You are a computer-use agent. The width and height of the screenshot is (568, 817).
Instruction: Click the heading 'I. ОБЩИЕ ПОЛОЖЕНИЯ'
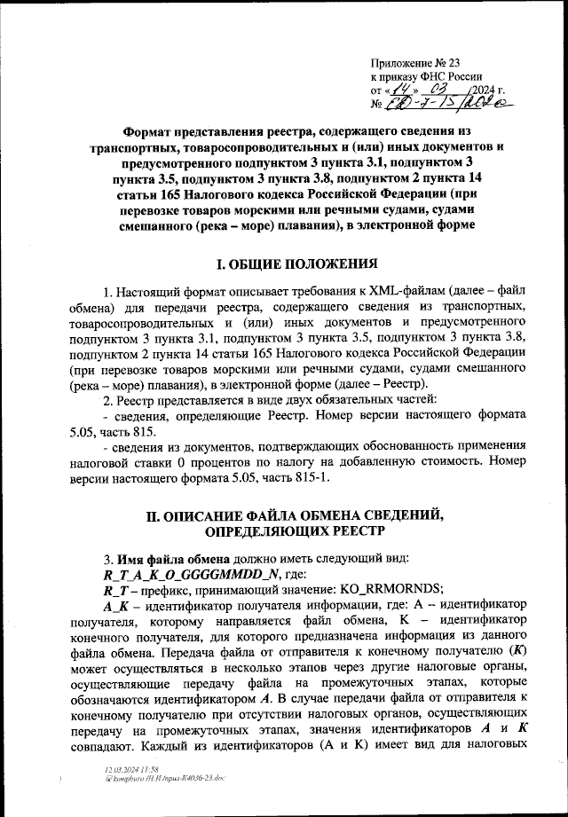click(299, 263)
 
